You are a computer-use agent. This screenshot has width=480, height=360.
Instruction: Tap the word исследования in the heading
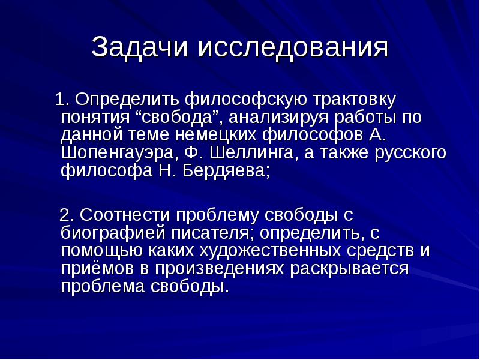click(293, 49)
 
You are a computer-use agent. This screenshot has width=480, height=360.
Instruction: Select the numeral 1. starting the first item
click(62, 98)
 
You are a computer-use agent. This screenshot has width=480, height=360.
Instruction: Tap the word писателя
click(216, 232)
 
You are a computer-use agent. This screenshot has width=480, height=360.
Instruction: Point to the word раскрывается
click(350, 268)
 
